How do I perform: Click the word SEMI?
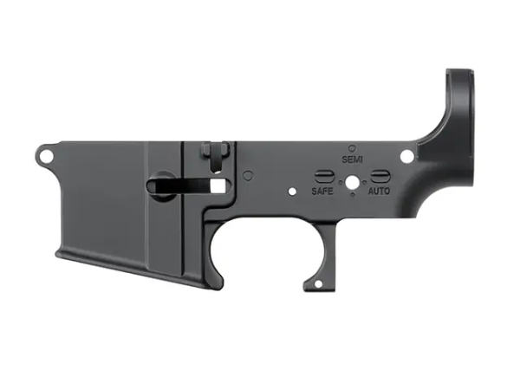click(x=352, y=159)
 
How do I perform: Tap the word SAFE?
click(x=322, y=191)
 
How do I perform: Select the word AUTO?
click(x=379, y=191)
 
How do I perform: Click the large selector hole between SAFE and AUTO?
click(x=352, y=182)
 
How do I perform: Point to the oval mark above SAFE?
click(x=323, y=177)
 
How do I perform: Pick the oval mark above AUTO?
click(x=380, y=176)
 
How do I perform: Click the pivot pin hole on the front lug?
click(x=47, y=155)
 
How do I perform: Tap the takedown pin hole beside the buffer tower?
click(x=407, y=156)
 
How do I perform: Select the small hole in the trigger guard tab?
click(x=318, y=284)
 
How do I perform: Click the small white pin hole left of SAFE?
click(x=292, y=192)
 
